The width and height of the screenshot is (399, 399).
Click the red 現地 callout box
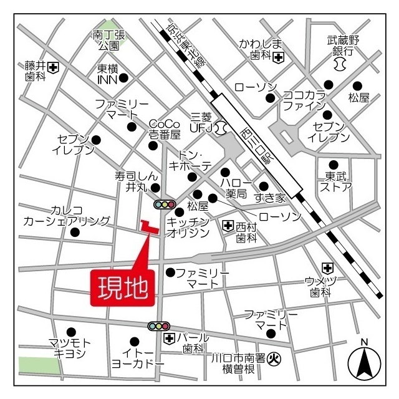click(x=122, y=287)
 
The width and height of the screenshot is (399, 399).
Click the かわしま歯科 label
click(x=261, y=49)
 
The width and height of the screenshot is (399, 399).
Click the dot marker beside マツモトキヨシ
click(x=72, y=332)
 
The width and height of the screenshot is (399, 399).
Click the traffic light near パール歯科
click(x=158, y=325)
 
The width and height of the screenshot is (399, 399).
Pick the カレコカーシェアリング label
click(x=66, y=215)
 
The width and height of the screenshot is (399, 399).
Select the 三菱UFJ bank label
click(x=201, y=122)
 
